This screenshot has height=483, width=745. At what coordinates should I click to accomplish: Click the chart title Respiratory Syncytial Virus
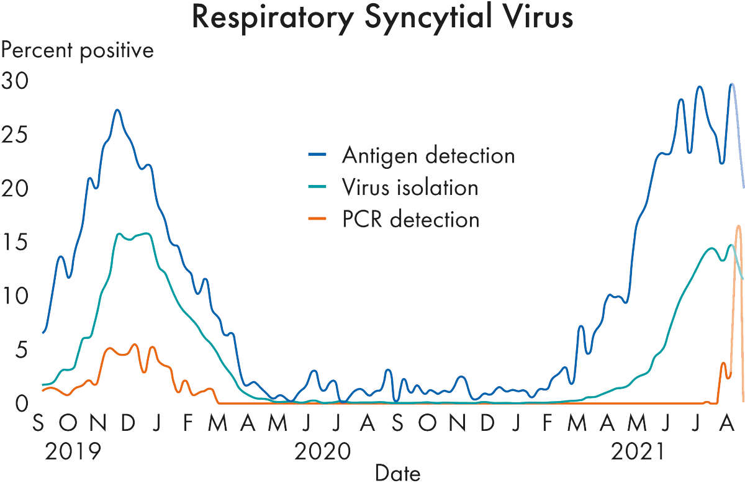tap(382, 18)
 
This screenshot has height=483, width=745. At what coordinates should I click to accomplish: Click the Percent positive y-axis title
tap(77, 50)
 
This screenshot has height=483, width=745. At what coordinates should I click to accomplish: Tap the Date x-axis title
tap(397, 473)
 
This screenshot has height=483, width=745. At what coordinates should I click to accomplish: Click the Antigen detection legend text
tap(428, 155)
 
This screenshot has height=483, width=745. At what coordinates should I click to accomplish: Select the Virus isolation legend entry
tap(410, 187)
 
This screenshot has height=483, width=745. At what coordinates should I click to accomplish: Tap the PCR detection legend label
tap(410, 219)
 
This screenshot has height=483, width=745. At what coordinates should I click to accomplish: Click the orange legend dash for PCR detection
tap(315, 220)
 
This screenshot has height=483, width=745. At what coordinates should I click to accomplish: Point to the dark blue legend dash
tap(315, 155)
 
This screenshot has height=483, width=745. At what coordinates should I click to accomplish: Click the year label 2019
tap(73, 451)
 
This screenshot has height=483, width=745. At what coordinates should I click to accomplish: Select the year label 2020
tap(323, 451)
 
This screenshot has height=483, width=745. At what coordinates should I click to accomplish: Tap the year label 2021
tap(639, 451)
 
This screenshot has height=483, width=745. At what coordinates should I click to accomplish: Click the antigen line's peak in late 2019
tap(117, 111)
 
